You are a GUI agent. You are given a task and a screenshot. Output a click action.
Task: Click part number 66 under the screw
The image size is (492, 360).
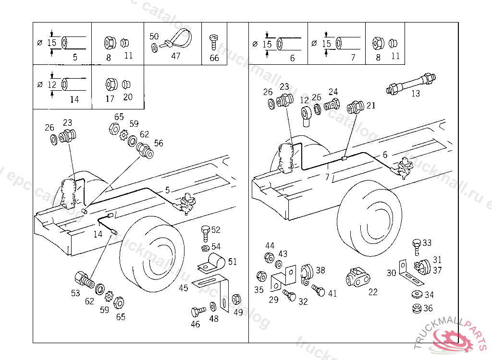pos(214,58)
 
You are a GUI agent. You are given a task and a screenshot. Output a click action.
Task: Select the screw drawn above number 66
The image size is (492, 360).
pos(214,42)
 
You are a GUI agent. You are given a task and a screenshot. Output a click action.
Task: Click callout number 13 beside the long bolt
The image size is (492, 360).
pos(416,94)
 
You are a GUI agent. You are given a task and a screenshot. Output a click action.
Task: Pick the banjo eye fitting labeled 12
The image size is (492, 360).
pos(307,115)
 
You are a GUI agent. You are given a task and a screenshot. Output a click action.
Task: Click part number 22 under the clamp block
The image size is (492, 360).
pos(373,291)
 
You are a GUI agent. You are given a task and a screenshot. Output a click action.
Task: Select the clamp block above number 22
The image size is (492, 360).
pos(358,277)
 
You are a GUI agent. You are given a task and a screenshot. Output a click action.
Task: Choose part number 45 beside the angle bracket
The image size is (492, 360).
pos(184,288)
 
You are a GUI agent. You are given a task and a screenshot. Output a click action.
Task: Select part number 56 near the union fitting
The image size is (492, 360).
pos(159,143)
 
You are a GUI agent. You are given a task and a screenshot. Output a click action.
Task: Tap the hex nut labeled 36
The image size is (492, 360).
pos(416,308)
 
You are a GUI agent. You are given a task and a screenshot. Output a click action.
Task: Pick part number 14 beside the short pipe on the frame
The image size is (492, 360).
pos(98,234)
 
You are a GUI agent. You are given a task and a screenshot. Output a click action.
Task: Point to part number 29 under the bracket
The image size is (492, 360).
pos(273,300)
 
